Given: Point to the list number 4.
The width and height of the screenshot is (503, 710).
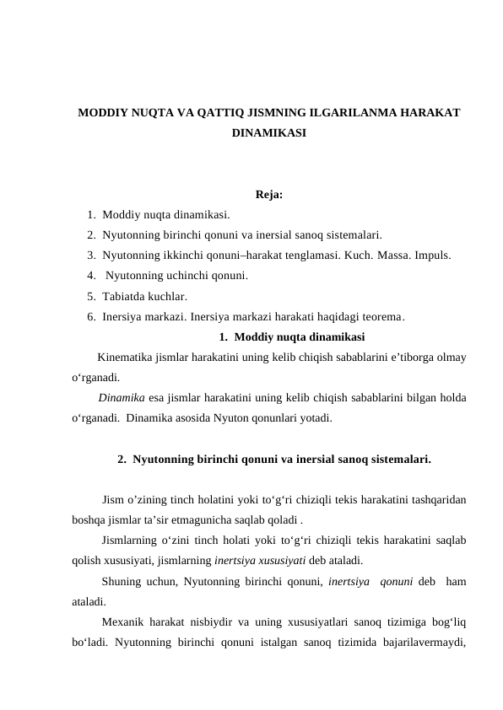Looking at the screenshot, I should coord(90,275).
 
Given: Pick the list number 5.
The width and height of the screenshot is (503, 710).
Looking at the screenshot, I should coord(90,296).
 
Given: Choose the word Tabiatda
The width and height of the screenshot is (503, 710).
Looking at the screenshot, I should coord(124,296).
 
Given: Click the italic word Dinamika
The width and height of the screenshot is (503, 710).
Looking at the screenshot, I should coord(120,397).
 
